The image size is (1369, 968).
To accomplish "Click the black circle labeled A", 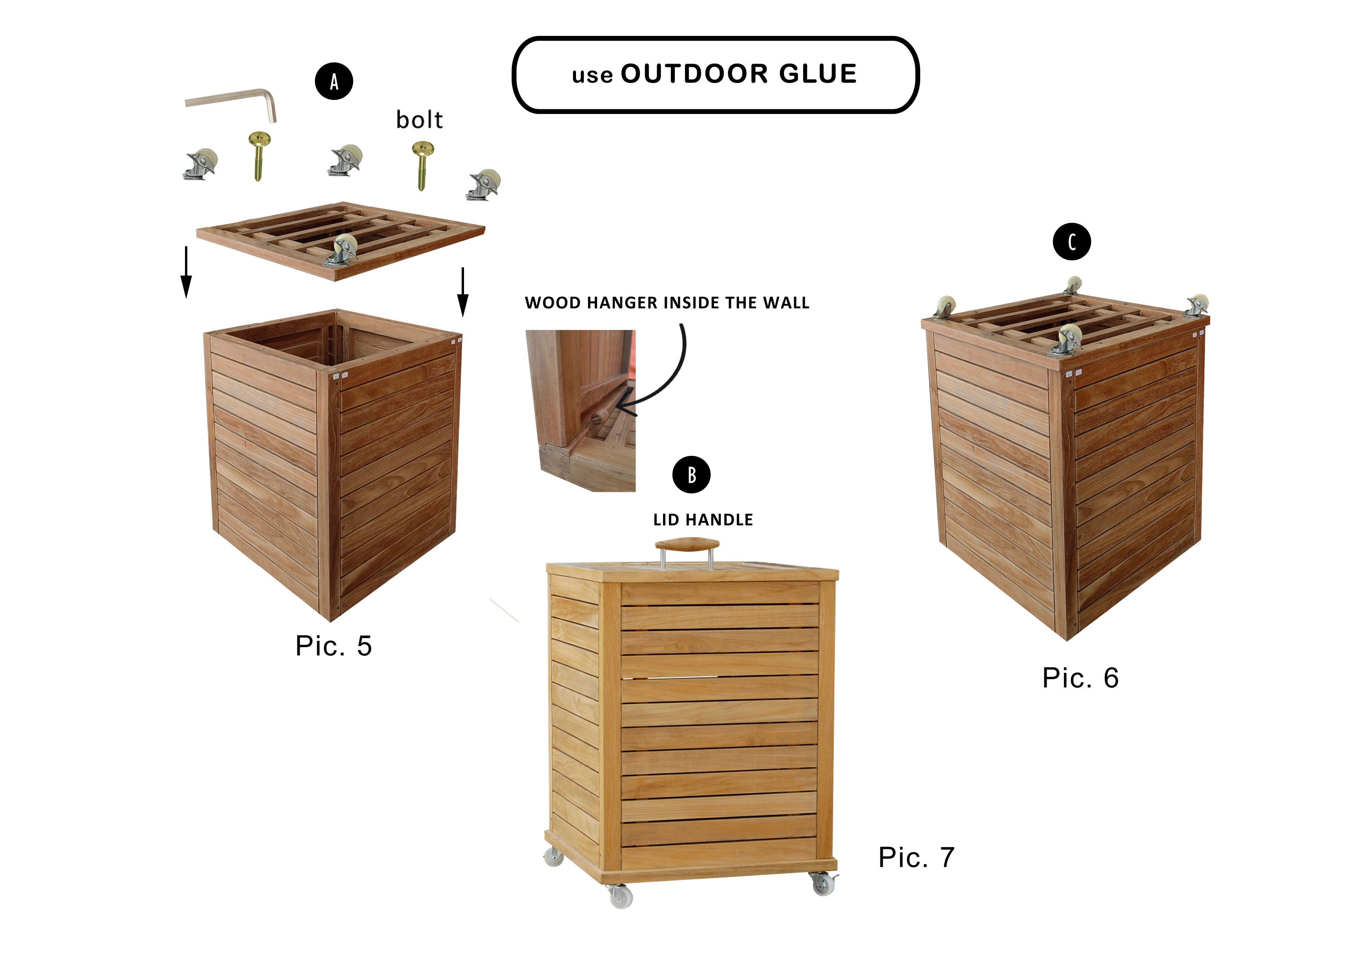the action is pos(334,81).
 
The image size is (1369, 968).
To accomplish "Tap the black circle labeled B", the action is pos(691,475).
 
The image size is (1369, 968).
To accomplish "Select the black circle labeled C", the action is pos(1072,242).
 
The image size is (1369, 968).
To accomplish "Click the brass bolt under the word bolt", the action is pos(422,165).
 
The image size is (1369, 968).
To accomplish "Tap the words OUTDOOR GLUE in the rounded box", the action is pos(739,74).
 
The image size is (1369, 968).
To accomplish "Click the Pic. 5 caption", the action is pos(334,646).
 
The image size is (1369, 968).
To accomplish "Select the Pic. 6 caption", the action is pos(1081,678).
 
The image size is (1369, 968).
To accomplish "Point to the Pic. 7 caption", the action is pos(916,858).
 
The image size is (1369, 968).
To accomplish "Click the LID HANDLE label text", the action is pos(703,520).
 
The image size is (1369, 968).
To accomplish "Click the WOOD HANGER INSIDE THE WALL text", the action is pos(667,303).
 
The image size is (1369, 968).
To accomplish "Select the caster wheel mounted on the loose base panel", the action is pos(341,250).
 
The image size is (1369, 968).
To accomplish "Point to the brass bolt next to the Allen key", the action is pos(260,156).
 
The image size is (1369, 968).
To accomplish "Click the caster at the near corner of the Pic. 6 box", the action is pos(1067,338).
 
